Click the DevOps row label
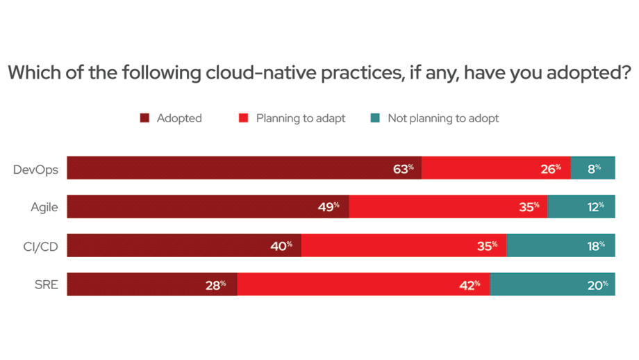pos(35,168)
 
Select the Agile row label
pos(44,207)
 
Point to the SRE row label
pos(46,284)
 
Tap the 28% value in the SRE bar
pos(215,284)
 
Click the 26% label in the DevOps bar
pos(550,168)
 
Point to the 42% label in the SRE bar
pos(470,284)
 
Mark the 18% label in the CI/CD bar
pos(595,245)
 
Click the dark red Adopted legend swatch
pos(144,118)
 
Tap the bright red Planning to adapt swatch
pos(244,118)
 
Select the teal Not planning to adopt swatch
pos(375,118)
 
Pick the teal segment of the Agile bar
pos(581,206)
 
